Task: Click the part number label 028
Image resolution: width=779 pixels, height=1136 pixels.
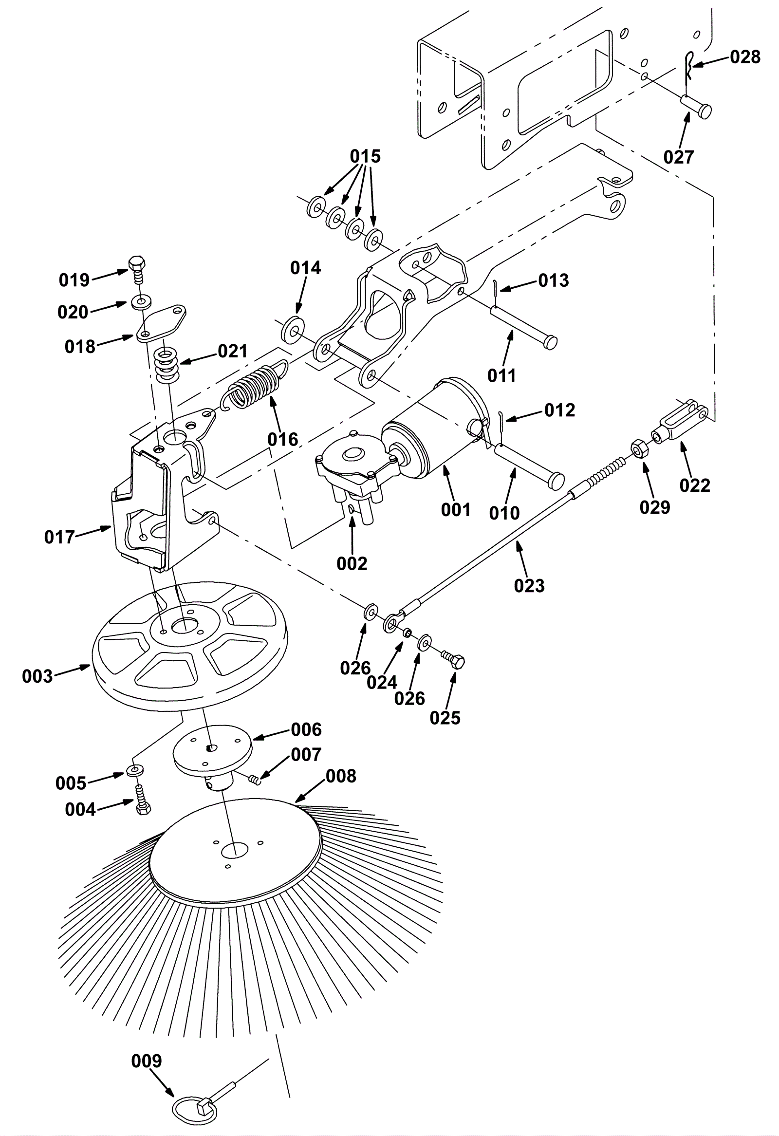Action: [745, 57]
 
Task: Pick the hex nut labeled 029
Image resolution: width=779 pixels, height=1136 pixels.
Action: [639, 448]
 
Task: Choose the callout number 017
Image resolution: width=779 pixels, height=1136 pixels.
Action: [59, 537]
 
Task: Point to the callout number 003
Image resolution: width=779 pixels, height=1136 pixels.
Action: [37, 676]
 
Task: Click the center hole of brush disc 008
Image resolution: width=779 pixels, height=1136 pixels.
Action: [235, 851]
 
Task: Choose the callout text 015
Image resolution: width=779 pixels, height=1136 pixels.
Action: [365, 156]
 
